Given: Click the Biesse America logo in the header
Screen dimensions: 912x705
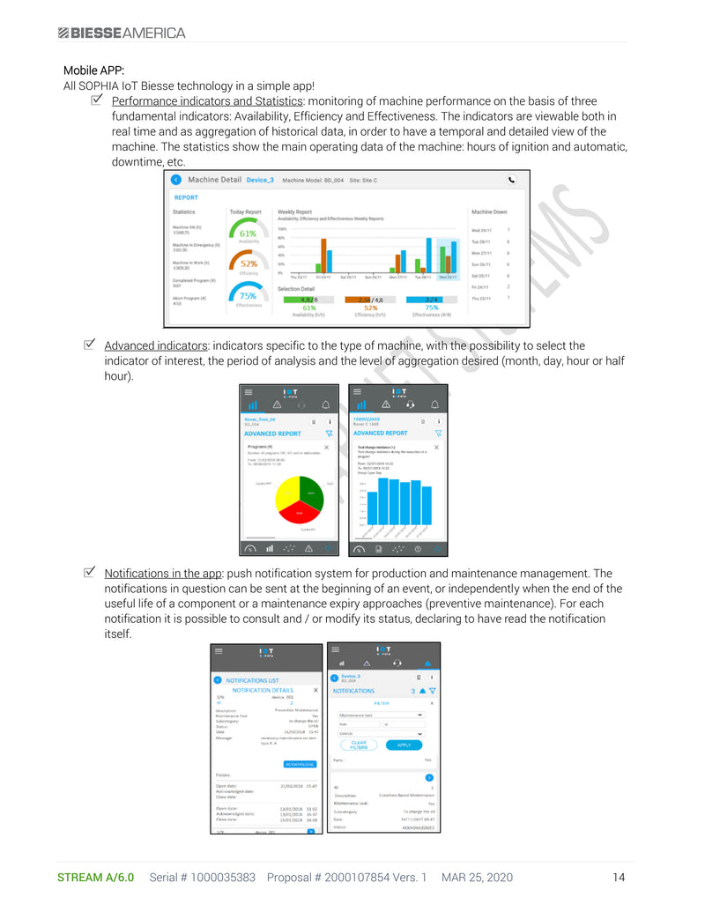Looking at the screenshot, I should point(122,33).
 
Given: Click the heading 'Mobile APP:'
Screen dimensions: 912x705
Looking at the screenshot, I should point(93,70).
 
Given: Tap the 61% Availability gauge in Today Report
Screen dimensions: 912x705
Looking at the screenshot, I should point(248,234).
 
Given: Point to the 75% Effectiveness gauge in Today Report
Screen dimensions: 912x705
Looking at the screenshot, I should point(248,296).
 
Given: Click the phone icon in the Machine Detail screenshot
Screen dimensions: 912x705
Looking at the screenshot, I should point(512,179).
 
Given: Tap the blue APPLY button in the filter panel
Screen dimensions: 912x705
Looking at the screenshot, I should point(404,745).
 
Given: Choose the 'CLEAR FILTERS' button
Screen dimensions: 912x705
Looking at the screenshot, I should point(359,745).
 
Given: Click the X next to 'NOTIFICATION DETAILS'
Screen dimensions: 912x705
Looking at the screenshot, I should point(315,690).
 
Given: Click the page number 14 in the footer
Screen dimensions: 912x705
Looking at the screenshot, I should point(619,878).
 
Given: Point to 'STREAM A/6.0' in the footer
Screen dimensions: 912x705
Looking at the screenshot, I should point(95,878).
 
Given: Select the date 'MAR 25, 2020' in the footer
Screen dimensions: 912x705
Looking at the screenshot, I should point(477,878).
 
